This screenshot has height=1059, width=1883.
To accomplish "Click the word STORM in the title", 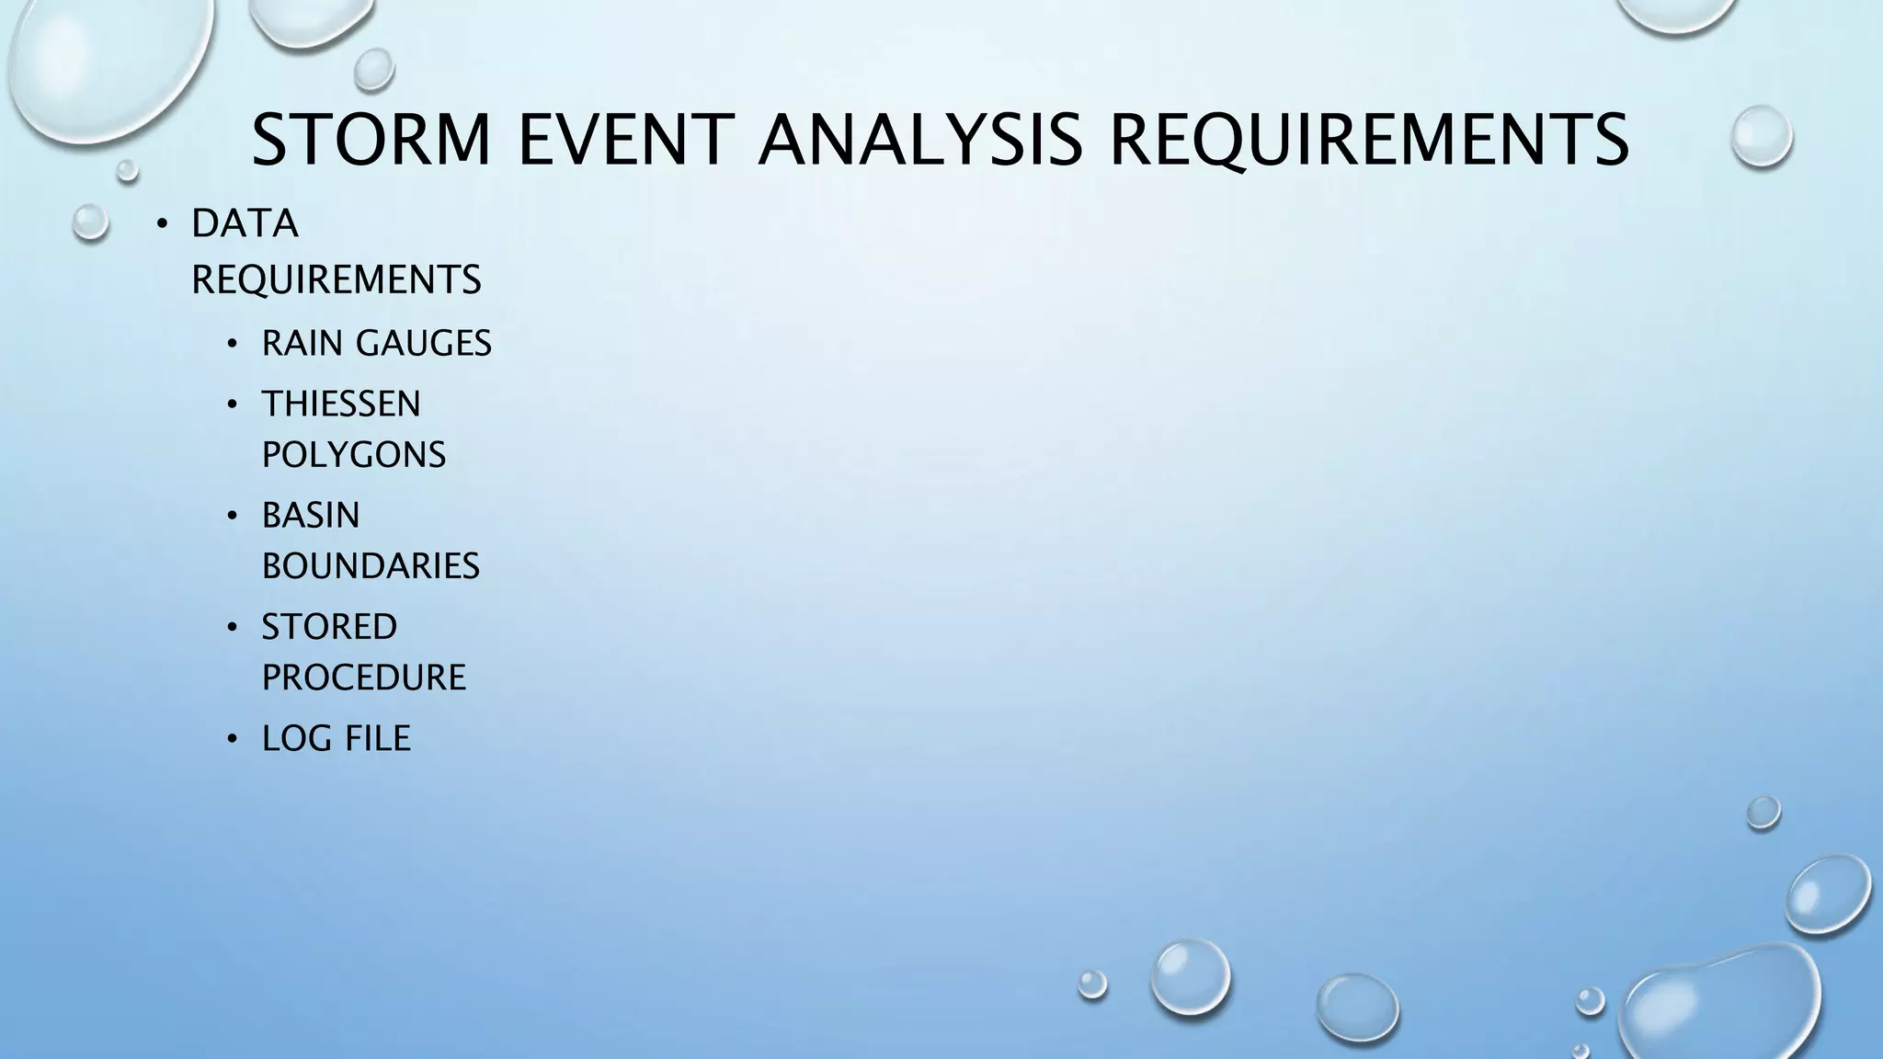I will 371,140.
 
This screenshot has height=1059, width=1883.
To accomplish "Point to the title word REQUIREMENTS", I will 1369,140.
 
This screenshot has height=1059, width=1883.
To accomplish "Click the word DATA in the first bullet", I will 245,223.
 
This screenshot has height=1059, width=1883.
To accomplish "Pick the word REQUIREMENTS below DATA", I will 337,279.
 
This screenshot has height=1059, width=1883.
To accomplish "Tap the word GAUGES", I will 424,344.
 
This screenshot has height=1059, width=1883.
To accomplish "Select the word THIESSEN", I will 341,404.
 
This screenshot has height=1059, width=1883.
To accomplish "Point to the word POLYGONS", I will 354,454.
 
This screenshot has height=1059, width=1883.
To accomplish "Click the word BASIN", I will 311,516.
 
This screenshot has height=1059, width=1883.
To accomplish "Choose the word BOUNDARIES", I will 371,566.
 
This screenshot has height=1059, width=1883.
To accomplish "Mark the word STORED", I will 329,627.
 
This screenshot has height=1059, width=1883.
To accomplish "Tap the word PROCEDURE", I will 364,678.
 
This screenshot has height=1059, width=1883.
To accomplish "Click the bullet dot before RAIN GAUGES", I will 233,345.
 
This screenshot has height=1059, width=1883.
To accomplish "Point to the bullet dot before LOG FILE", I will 233,739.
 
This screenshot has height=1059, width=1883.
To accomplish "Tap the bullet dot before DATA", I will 162,224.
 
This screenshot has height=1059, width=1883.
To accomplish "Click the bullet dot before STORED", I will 233,628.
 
